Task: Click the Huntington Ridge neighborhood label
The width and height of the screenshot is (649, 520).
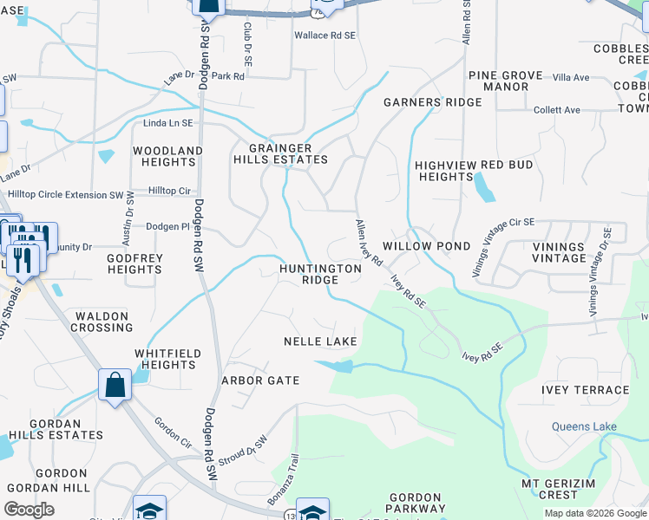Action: [320, 274]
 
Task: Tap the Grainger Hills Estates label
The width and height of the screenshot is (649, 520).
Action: [280, 153]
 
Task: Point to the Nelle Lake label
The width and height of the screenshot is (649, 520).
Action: [320, 341]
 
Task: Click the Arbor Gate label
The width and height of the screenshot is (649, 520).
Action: [260, 380]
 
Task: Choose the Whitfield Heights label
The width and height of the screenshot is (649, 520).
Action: [167, 359]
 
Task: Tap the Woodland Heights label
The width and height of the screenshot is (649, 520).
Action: [167, 156]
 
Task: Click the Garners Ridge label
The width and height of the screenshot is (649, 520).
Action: [432, 102]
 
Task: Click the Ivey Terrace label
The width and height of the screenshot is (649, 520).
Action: [585, 390]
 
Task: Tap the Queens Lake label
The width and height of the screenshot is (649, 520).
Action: [583, 426]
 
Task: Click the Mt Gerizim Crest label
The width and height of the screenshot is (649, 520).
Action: [560, 488]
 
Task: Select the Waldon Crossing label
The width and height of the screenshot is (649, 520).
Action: [103, 322]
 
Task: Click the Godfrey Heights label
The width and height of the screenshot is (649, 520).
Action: [134, 263]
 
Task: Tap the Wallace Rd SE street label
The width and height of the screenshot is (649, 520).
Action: [324, 36]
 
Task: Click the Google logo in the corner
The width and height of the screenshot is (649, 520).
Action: [29, 510]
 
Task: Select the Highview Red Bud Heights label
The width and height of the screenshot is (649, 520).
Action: [444, 171]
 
